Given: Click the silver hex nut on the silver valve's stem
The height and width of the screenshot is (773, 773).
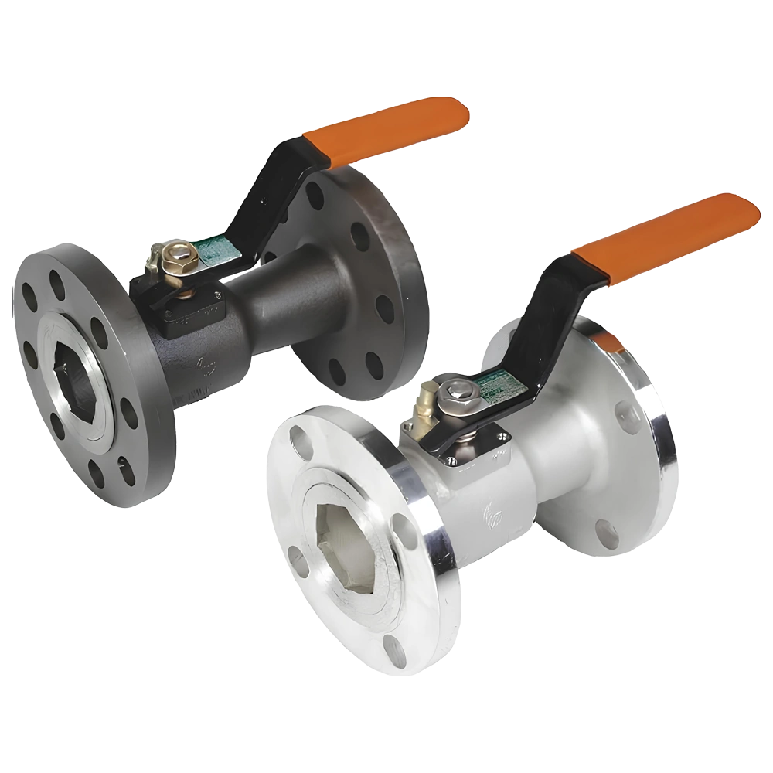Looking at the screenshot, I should [x=461, y=389].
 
